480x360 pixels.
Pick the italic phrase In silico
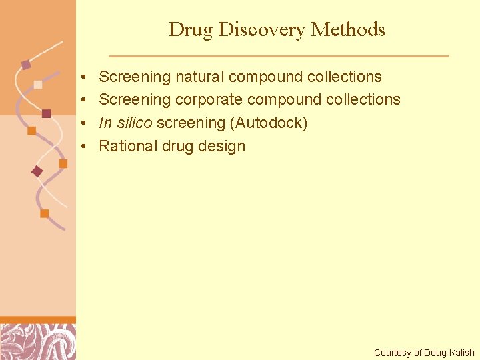[x=125, y=123]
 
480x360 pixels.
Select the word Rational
[x=128, y=146]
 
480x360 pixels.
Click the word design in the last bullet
[x=221, y=147]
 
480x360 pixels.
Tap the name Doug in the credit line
[x=435, y=353]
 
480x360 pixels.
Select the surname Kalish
[x=461, y=353]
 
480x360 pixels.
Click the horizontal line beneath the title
[x=279, y=56]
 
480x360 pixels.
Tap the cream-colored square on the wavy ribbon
[x=38, y=85]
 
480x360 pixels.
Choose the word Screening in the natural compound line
[x=135, y=77]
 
